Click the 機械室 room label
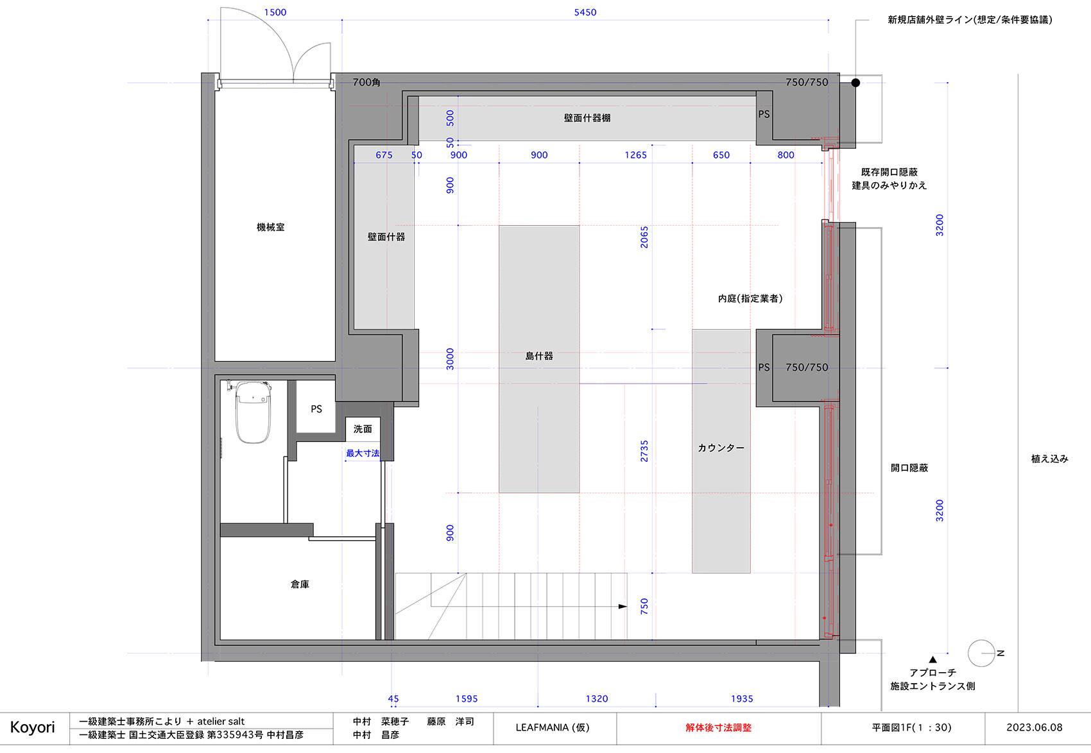coord(270,227)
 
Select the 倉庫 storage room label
coord(300,584)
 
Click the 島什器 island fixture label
coord(539,356)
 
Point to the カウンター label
coord(721,448)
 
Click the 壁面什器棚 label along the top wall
coord(587,118)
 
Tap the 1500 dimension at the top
coord(275,12)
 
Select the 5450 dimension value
coord(585,12)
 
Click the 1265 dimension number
coord(635,155)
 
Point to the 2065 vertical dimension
coord(644,237)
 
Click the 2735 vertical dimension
coord(644,451)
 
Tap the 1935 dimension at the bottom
coord(742,698)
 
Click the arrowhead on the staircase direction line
coord(623,606)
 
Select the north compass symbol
coord(982,653)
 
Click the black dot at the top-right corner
coord(855,83)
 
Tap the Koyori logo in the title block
coord(33,727)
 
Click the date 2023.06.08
coord(1034,727)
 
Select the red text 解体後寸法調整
coord(718,727)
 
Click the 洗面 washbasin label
coord(363,428)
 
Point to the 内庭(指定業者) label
coord(750,298)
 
